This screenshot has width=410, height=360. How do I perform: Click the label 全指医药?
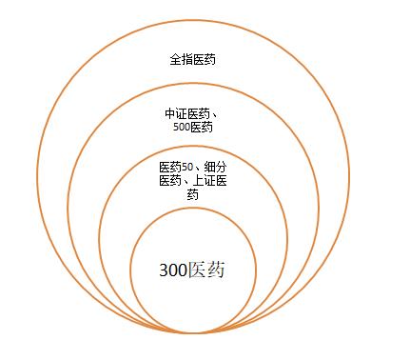tap(194, 59)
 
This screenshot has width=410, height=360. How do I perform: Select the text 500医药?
tap(194, 127)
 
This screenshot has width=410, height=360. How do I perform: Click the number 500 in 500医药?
tap(184, 127)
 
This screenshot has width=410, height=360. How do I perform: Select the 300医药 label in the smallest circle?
tap(194, 270)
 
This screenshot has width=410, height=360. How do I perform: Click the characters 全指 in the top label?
tap(182, 59)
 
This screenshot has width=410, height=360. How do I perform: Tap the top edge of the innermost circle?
tap(194, 208)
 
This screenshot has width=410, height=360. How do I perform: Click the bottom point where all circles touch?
tap(194, 333)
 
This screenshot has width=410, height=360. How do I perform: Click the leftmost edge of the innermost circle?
tap(131, 270)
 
